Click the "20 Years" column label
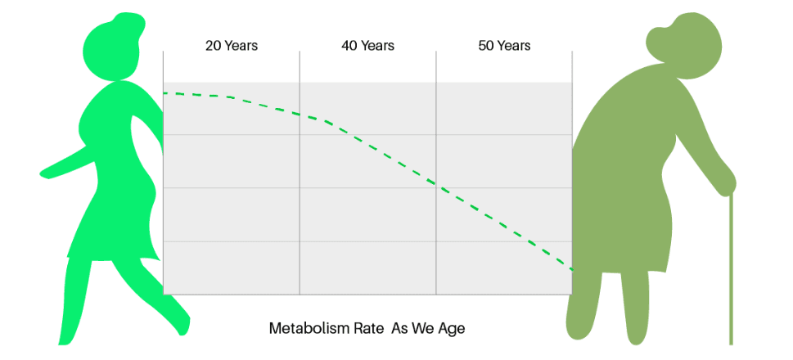point(231,46)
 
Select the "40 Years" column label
point(367,46)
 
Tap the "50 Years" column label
point(504,46)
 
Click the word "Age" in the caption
point(451,329)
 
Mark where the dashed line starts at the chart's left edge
point(164,93)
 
